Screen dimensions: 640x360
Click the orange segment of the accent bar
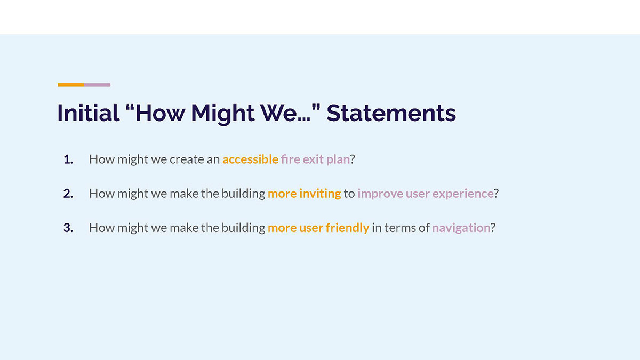point(71,85)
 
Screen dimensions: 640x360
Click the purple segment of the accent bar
point(97,85)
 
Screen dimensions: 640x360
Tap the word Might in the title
point(222,114)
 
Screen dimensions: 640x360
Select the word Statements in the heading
point(391,113)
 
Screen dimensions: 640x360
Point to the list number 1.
point(68,159)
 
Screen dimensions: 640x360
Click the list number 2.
point(68,194)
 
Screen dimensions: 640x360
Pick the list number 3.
point(68,228)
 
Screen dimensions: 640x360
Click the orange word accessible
point(250,159)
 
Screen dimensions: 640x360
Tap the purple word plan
point(338,159)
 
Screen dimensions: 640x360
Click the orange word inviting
point(320,194)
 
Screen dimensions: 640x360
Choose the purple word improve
point(380,194)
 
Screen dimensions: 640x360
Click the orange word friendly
point(347,228)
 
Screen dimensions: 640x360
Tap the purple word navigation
point(461,228)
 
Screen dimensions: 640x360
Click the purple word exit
point(313,159)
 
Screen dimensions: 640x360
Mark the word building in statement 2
point(243,194)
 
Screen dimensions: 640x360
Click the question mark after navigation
point(493,228)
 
